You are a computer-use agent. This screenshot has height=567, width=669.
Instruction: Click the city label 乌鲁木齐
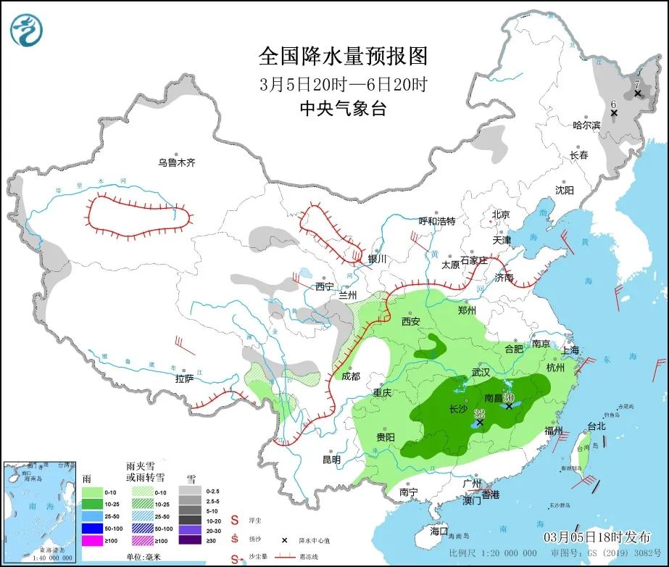pos(177,163)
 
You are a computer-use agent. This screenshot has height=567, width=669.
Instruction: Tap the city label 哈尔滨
pos(586,125)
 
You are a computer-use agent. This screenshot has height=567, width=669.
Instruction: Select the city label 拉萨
pos(184,378)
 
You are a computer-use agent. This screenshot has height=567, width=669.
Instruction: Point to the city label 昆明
pos(331,460)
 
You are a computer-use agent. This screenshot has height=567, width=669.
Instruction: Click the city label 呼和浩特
pos(438,221)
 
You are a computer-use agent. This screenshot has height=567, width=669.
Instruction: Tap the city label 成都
pos(350,376)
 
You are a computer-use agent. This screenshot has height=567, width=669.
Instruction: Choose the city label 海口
pos(439,531)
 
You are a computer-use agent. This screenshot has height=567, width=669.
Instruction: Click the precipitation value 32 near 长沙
pos(478,413)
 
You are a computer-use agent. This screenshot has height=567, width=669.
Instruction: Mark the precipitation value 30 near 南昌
pos(509,397)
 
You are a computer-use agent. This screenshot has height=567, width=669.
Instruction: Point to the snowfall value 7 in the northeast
pos(637,85)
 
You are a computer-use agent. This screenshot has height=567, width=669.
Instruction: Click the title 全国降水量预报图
pos(343,56)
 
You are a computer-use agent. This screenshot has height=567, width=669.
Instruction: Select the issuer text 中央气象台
pos(343,109)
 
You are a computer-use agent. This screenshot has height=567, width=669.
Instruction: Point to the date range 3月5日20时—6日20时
pos(343,83)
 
